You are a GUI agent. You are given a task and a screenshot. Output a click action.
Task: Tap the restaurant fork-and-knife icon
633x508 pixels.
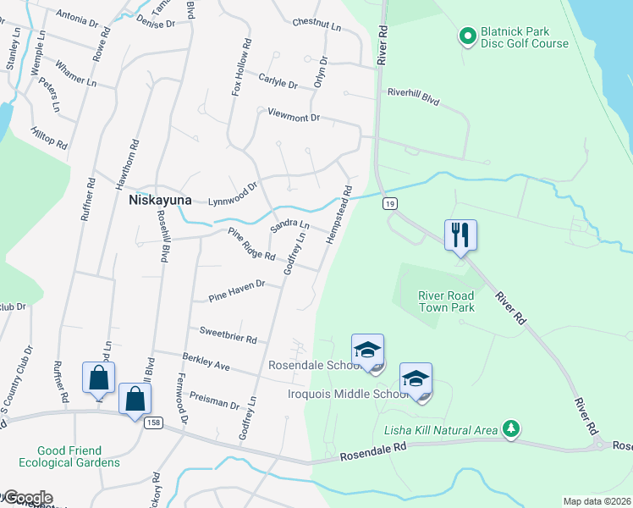pos(460,233)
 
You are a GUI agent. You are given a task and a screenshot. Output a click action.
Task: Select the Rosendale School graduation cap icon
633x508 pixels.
pos(367,350)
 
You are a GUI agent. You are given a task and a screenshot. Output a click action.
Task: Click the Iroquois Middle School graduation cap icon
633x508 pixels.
pos(416,378)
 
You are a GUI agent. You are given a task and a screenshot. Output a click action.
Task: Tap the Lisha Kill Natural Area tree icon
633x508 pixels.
pos(510,429)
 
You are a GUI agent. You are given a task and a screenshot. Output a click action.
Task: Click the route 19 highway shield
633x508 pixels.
pos(389,203)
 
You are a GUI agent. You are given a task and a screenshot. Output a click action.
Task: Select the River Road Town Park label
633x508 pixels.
pos(446,301)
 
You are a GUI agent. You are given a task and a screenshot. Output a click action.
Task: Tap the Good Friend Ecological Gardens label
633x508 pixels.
pos(80,456)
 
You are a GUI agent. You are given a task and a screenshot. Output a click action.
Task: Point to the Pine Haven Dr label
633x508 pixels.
pos(237,292)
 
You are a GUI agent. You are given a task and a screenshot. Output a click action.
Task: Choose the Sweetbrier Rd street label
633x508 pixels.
pos(228,334)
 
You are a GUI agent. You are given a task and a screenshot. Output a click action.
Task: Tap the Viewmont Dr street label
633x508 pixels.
pos(294,115)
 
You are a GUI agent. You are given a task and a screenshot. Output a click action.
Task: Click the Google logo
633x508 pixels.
pos(27,498)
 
